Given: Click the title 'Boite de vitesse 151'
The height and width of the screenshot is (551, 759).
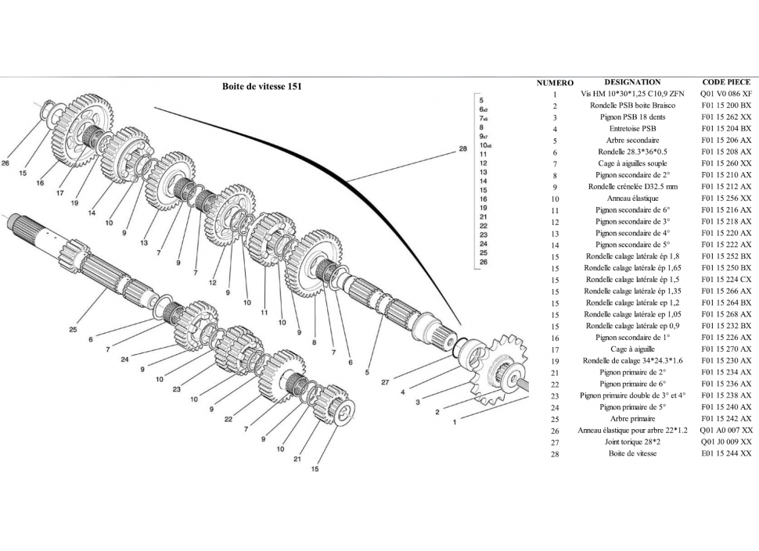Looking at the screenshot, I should (261, 87).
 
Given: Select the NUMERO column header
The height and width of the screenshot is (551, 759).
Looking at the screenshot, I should (555, 83).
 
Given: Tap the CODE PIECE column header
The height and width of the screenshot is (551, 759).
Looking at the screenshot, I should (726, 82).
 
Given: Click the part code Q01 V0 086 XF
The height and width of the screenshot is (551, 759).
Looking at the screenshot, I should (726, 94).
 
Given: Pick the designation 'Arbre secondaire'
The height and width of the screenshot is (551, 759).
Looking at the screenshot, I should (632, 141).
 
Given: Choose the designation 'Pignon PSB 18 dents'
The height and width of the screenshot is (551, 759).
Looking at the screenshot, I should (632, 117).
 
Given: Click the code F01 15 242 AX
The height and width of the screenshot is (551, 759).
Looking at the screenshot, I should (726, 418).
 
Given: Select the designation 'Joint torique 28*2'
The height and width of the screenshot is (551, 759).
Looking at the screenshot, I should (632, 442).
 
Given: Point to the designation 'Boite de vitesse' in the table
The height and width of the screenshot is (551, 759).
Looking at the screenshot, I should (632, 453).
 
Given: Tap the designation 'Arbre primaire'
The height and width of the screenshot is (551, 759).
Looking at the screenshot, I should (632, 418).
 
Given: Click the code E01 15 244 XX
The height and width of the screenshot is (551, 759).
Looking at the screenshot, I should (726, 453).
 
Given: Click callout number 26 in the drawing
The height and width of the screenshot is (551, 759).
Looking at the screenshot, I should (6, 163).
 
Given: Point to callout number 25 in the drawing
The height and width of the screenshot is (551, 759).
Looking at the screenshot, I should (73, 330).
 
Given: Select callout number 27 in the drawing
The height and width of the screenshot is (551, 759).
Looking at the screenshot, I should (384, 382).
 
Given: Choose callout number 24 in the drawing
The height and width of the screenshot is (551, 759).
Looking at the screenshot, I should (125, 360).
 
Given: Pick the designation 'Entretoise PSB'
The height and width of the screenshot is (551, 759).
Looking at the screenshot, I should (632, 129).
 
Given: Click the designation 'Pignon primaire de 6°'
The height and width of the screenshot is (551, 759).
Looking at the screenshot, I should (632, 384).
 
